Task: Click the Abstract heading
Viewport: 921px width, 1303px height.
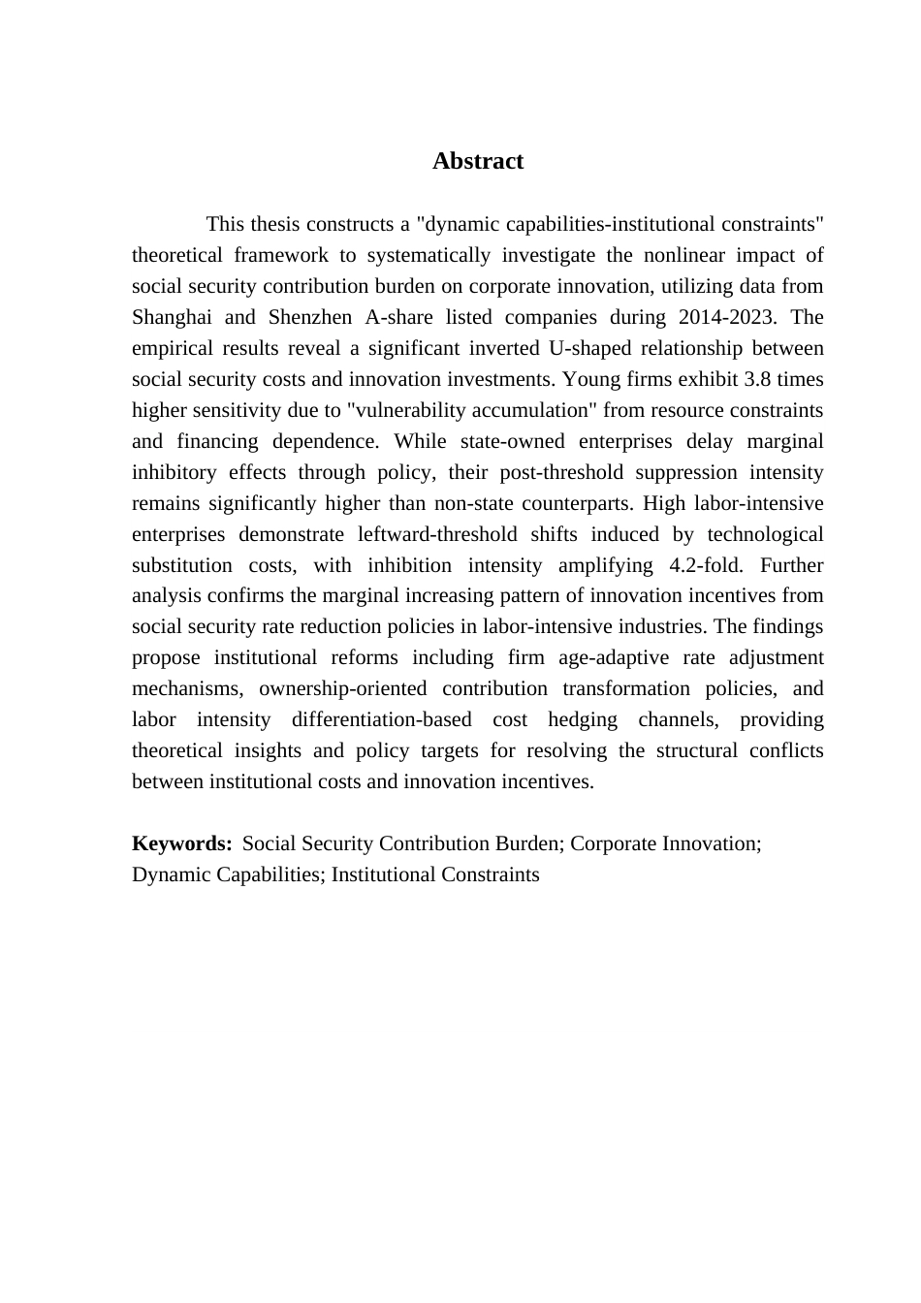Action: tap(477, 161)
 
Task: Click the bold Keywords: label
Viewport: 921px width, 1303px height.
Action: tap(181, 843)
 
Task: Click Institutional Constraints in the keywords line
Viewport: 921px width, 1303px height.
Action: tap(435, 874)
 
